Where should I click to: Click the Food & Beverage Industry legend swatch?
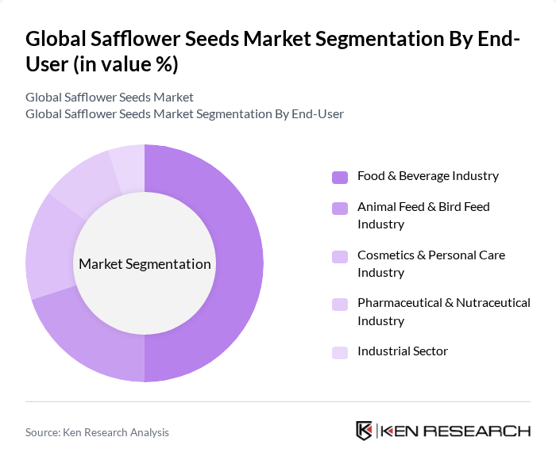pyautogui.click(x=340, y=177)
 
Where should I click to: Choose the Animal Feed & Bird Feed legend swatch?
pyautogui.click(x=340, y=208)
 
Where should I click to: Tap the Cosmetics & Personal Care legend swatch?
pyautogui.click(x=340, y=256)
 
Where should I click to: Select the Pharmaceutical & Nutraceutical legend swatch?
pyautogui.click(x=340, y=305)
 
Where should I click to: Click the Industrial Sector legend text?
pyautogui.click(x=403, y=351)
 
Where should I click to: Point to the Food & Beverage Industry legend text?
pyautogui.click(x=428, y=175)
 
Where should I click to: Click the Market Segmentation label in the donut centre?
pyautogui.click(x=145, y=264)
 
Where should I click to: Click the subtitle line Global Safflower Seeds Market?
pyautogui.click(x=110, y=98)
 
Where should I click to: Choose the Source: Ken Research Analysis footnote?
pyautogui.click(x=97, y=432)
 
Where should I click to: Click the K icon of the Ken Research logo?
pyautogui.click(x=365, y=431)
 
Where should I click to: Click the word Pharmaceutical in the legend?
pyautogui.click(x=403, y=303)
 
